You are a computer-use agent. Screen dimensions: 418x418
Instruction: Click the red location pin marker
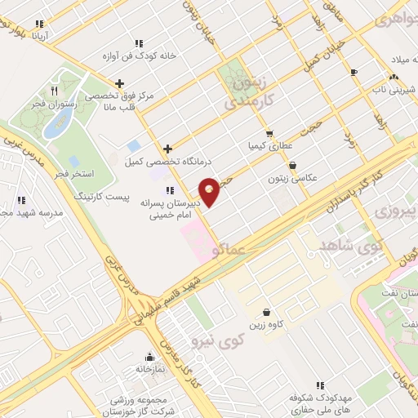tap(209, 191)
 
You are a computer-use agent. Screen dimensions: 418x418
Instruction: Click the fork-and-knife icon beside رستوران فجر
tap(54, 90)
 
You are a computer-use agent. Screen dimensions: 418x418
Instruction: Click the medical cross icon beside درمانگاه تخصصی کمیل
tap(168, 149)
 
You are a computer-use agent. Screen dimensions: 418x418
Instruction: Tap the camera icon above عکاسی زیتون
tap(292, 164)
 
